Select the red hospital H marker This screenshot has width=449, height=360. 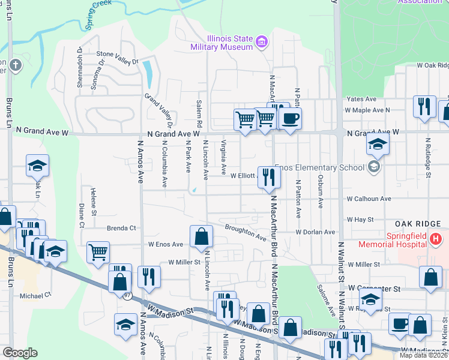click(436, 239)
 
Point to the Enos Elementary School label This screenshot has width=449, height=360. click(320, 167)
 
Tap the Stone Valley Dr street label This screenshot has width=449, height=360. click(118, 58)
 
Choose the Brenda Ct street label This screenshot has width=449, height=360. click(122, 228)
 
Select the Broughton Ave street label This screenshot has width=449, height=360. click(246, 232)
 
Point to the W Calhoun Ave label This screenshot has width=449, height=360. click(369, 199)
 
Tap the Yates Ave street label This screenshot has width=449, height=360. click(361, 99)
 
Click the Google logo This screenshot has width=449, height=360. click(20, 353)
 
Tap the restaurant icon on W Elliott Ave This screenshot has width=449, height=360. click(268, 177)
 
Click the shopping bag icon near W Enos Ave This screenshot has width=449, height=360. click(201, 236)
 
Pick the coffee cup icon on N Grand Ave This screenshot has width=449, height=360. click(290, 118)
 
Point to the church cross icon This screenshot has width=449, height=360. click(14, 64)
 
